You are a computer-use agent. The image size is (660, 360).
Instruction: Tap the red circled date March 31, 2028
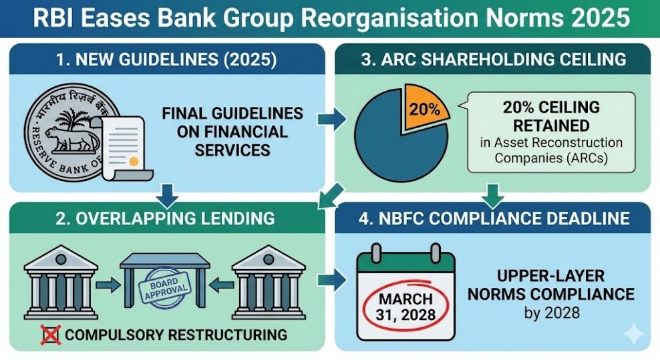click(405, 306)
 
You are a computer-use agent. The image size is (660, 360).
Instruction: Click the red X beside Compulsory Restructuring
click(51, 335)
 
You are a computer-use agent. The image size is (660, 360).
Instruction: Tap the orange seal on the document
click(134, 161)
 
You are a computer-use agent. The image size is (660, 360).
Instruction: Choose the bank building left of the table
click(61, 282)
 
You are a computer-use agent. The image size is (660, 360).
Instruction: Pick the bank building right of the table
click(269, 282)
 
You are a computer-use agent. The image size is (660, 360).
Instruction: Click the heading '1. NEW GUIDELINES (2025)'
click(167, 60)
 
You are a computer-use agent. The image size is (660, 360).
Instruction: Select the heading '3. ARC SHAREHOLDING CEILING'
click(494, 59)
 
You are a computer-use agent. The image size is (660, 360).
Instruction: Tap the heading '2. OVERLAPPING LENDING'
click(165, 218)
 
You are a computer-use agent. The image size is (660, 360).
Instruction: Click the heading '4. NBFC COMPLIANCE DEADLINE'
click(494, 218)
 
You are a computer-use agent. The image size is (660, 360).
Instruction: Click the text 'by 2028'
click(552, 313)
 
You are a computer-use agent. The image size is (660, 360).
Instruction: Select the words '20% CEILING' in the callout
click(551, 107)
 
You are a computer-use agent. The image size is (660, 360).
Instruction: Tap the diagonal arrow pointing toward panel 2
click(331, 196)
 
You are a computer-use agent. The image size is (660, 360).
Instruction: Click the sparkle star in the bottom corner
click(633, 335)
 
